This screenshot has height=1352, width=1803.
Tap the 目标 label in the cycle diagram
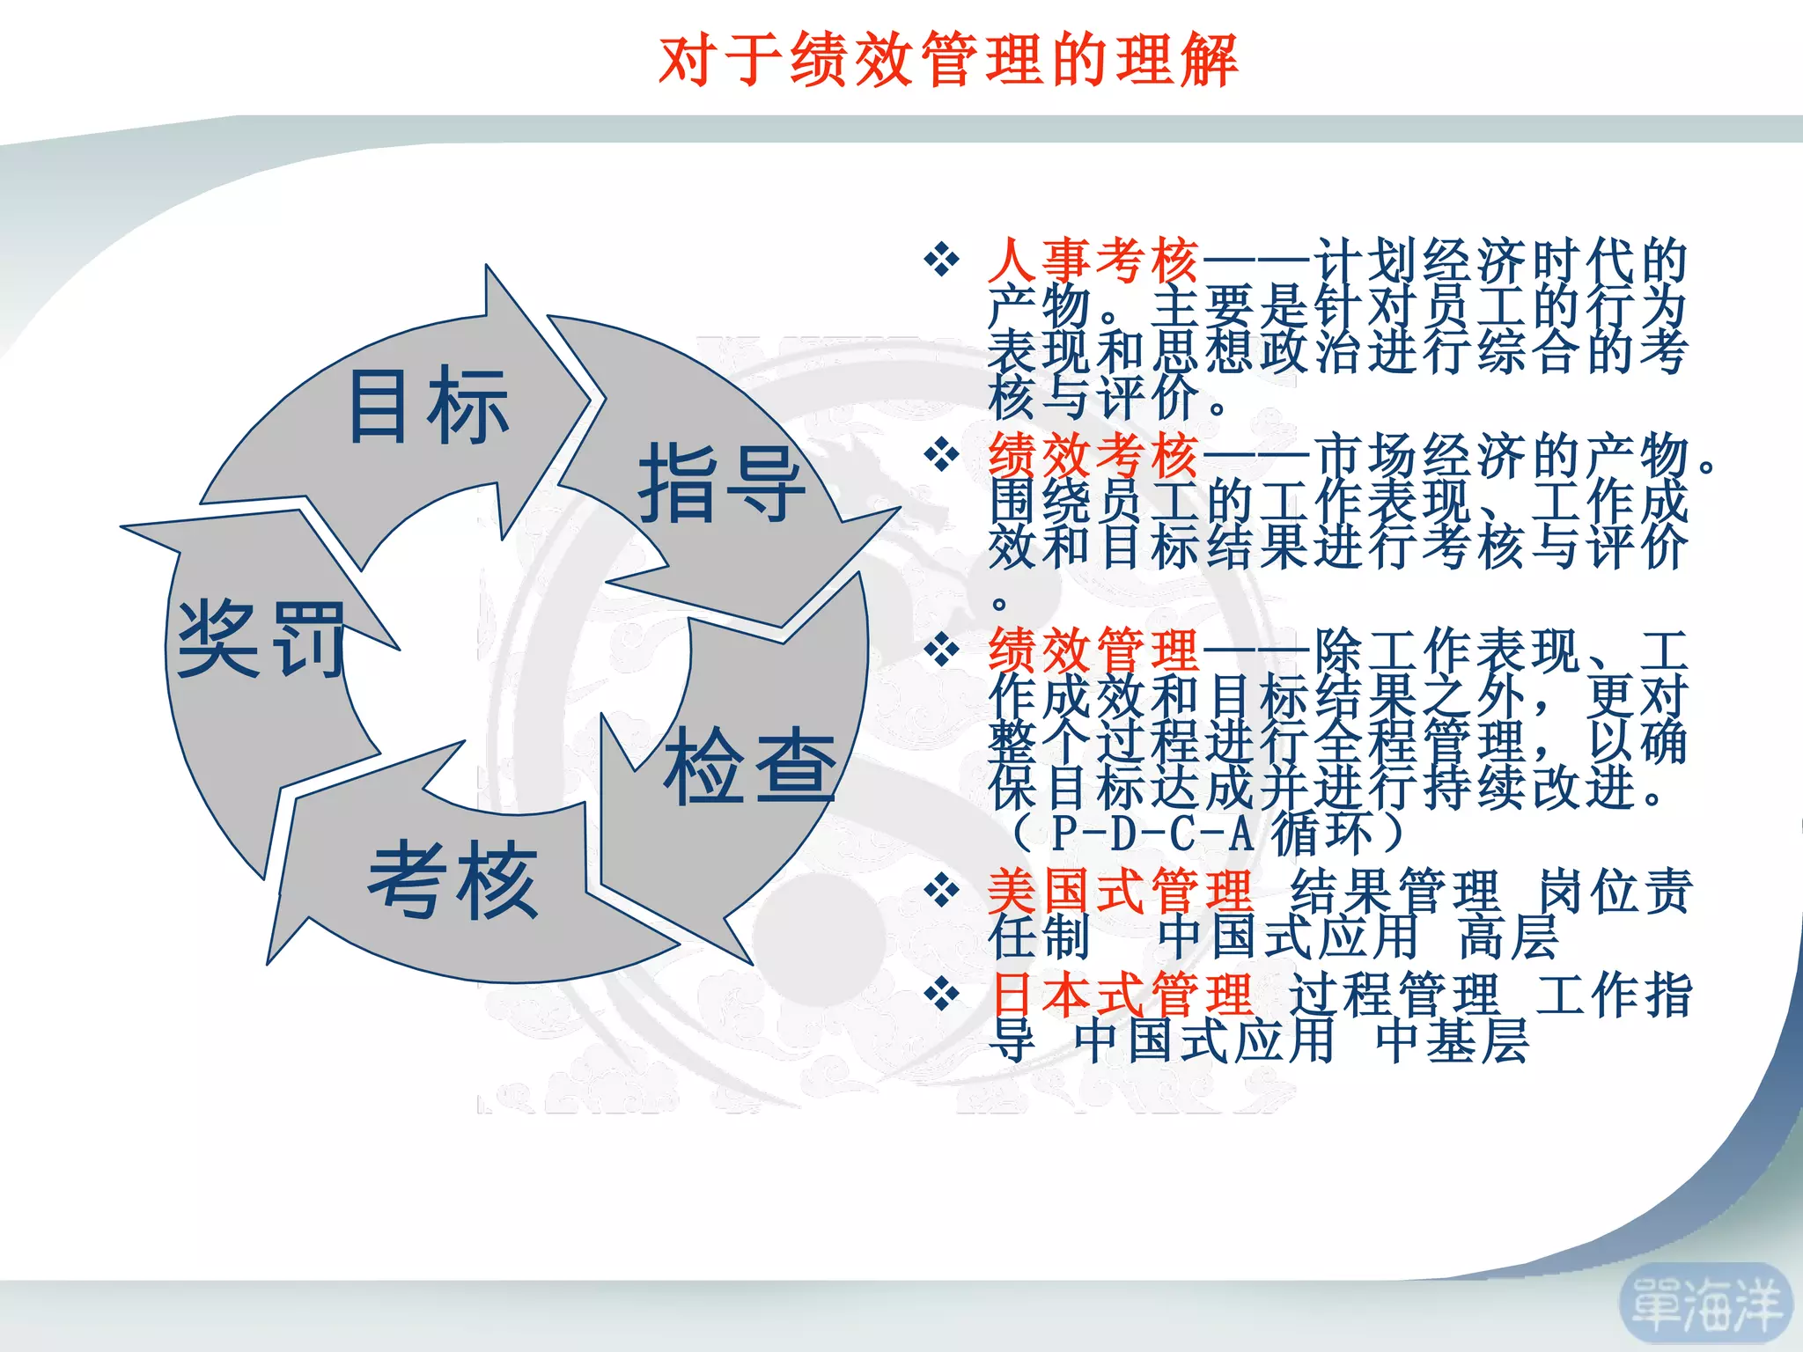[x=429, y=406]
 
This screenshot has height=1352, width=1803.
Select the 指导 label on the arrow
[x=721, y=483]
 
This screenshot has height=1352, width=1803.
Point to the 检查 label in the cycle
[x=749, y=766]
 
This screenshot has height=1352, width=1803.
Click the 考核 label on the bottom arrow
[x=453, y=878]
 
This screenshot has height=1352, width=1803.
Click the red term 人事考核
[x=1093, y=261]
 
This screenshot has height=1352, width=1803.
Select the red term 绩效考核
[x=1093, y=456]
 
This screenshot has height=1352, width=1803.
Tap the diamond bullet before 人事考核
[x=941, y=261]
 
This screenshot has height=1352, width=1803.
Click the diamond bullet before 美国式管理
[x=941, y=891]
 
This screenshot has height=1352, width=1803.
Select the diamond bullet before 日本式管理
[x=941, y=995]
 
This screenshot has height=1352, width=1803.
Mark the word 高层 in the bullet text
[x=1509, y=937]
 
